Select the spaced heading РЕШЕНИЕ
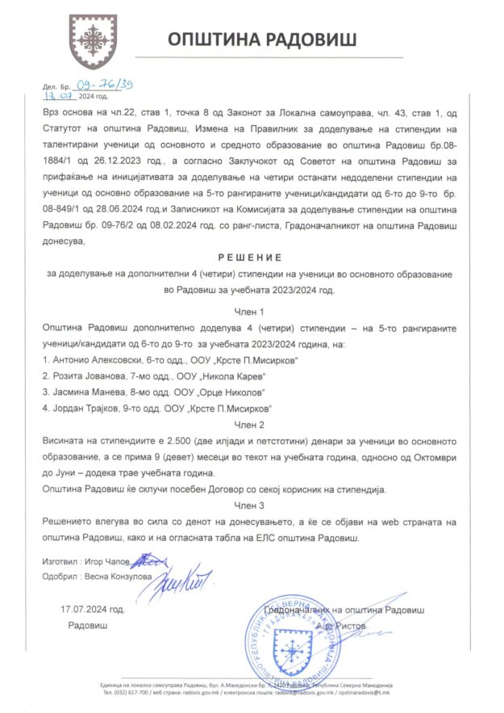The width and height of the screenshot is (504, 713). tap(247, 258)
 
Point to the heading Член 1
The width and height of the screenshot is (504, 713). tap(247, 310)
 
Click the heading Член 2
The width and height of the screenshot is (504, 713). tap(247, 423)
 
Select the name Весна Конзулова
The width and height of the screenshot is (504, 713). tap(115, 576)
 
